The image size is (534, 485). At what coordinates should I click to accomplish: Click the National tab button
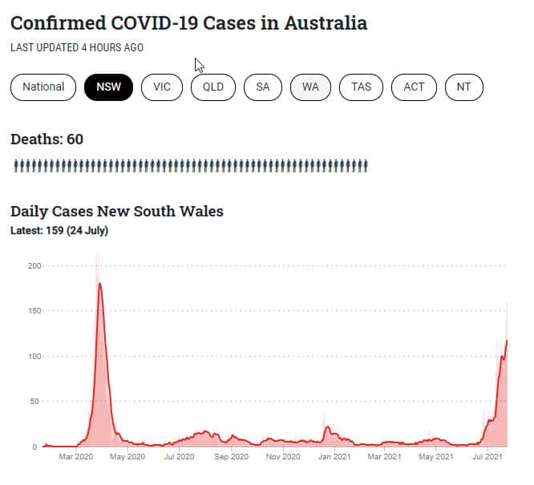click(43, 87)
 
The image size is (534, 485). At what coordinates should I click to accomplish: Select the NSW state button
click(108, 87)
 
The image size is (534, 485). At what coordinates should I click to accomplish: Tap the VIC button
click(162, 87)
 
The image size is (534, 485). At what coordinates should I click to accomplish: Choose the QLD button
click(212, 87)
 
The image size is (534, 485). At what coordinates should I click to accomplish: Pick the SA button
click(263, 87)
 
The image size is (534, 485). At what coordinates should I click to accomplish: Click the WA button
click(310, 87)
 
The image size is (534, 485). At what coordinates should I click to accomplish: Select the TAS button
click(361, 87)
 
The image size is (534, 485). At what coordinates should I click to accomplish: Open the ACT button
click(414, 87)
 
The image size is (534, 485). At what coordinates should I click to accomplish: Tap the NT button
click(463, 87)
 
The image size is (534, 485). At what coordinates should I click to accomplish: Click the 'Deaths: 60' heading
click(47, 139)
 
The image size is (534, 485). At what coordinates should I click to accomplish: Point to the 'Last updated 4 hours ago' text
click(77, 47)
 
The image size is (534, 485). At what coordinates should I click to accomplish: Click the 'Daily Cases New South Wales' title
click(116, 212)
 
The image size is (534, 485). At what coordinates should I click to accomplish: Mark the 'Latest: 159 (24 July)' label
click(59, 231)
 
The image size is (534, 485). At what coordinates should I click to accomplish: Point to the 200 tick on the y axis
click(34, 265)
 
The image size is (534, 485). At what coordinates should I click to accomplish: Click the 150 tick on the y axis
click(34, 310)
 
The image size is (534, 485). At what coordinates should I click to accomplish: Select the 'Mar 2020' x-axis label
click(76, 457)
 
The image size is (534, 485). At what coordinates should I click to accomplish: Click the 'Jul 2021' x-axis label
click(487, 457)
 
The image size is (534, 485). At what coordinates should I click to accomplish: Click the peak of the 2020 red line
click(99, 283)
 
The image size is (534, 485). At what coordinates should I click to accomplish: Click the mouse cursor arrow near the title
click(199, 65)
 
